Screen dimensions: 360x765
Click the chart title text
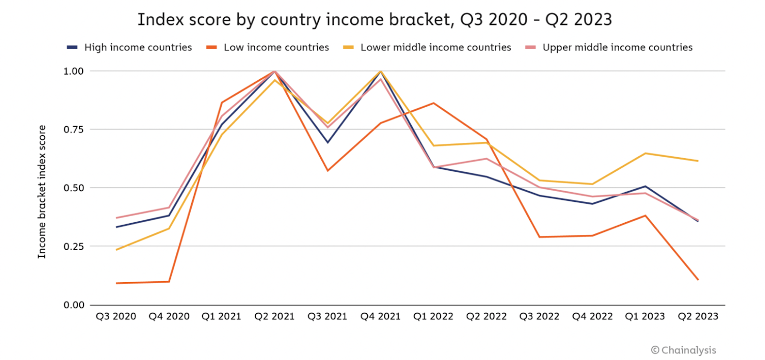pos(374,20)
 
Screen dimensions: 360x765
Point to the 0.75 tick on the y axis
pos(74,130)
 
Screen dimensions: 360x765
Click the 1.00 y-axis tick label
pos(74,71)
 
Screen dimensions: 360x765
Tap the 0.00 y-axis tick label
pos(74,305)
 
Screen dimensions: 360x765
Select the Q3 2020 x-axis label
pos(116,316)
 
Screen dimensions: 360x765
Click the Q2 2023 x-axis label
pos(698,316)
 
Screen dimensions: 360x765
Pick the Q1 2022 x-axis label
pos(433,316)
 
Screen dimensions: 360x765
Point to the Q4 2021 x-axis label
pos(381,316)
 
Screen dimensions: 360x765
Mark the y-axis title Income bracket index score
pos(42,192)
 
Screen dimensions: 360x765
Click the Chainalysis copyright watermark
pos(684,350)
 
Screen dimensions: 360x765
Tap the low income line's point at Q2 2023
pos(698,280)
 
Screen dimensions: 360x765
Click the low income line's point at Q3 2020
pos(116,283)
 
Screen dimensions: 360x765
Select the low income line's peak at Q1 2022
pos(433,103)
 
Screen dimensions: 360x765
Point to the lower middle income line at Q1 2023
pos(645,153)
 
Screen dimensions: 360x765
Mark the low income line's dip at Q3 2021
pos(328,171)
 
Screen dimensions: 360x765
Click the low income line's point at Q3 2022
pos(539,237)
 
